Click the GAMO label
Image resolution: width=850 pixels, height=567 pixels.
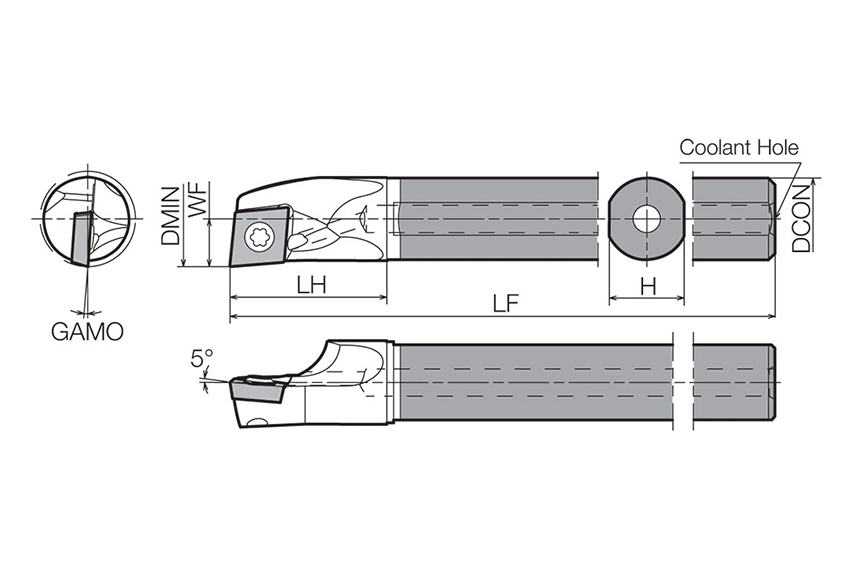(x=87, y=332)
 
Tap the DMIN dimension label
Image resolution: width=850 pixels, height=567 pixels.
(x=170, y=215)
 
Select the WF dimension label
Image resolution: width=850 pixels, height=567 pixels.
(x=197, y=201)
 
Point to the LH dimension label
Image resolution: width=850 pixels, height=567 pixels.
(x=311, y=285)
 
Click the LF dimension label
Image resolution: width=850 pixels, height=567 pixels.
(x=505, y=304)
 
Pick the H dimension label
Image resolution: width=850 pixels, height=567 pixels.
(x=648, y=286)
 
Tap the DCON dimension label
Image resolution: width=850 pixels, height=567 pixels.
(x=801, y=218)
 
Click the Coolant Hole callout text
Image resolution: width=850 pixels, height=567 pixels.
(x=739, y=147)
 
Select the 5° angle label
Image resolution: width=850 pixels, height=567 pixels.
(x=202, y=358)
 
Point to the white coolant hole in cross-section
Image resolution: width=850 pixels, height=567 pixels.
(x=647, y=219)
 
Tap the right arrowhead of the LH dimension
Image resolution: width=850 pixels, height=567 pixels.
(x=382, y=297)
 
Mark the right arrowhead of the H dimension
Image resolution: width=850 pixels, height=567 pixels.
(x=679, y=298)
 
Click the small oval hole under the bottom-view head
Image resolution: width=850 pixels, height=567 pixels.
(x=256, y=421)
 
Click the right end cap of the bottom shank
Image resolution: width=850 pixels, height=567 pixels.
(x=773, y=382)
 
